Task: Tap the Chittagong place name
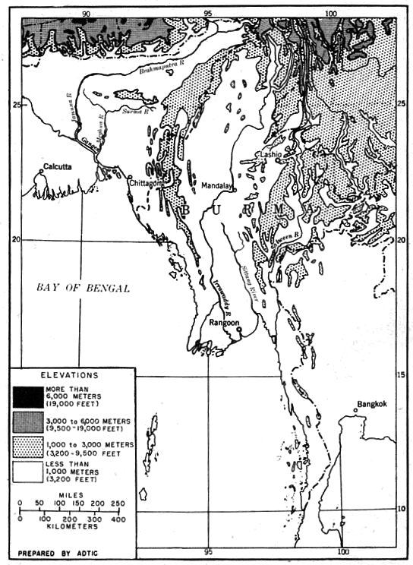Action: point(148,183)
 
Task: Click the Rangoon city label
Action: point(225,322)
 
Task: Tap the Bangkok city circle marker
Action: point(355,412)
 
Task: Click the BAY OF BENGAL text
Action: point(84,288)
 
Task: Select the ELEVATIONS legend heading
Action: point(72,374)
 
